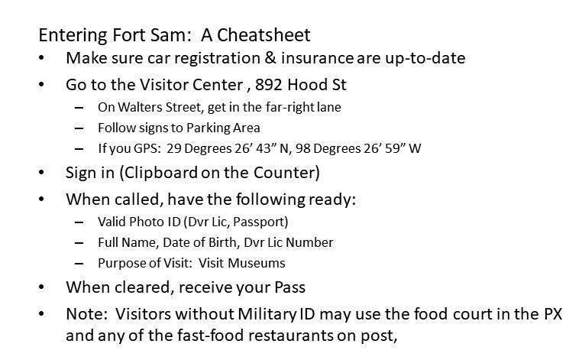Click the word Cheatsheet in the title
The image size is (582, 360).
[x=264, y=35]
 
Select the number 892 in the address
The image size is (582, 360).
[x=268, y=85]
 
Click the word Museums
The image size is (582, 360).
[x=257, y=263]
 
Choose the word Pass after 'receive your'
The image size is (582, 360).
[x=290, y=287]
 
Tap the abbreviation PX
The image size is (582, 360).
[x=553, y=314]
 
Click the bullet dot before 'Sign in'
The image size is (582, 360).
[x=41, y=173]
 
